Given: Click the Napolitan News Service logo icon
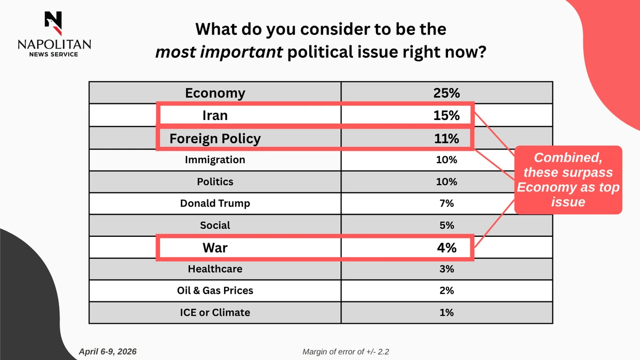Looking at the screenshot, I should click(54, 21).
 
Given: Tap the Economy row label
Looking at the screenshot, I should click(215, 93).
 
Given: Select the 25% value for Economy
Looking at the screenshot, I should click(447, 93).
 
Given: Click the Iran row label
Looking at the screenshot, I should click(215, 115).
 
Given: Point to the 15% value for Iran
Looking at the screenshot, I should click(447, 115).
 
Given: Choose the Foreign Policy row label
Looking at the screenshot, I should click(215, 139).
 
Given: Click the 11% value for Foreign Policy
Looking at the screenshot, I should click(447, 139).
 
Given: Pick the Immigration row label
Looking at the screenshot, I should click(215, 159).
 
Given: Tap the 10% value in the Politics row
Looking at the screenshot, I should click(447, 181).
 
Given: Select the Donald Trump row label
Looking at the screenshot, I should click(215, 203).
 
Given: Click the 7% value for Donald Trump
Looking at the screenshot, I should click(447, 203).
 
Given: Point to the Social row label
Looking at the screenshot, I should click(215, 225).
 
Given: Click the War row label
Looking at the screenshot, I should click(215, 248).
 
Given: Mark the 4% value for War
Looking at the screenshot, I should click(447, 248).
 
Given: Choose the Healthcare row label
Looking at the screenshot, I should click(215, 269).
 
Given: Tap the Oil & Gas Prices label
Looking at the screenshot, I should click(215, 291).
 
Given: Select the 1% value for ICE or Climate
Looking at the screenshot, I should click(447, 313).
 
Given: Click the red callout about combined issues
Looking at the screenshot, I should click(568, 180).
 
